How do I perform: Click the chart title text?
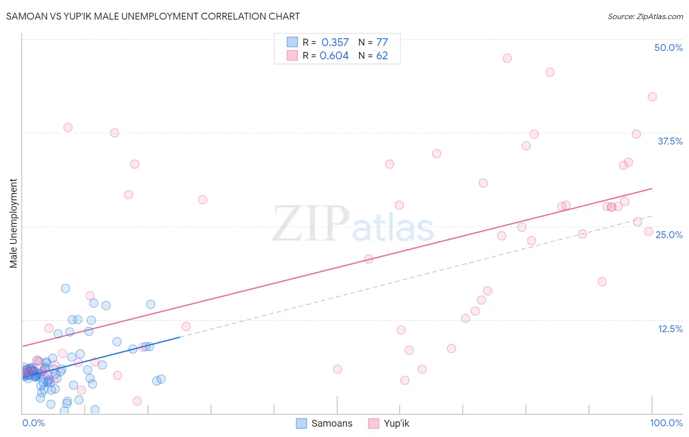[x=153, y=16]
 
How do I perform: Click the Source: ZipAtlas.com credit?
[x=645, y=16]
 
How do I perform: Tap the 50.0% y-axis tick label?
[x=668, y=48]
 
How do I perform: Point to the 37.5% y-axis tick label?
[x=670, y=141]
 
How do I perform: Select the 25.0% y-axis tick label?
[x=669, y=235]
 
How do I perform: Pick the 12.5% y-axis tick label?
[x=670, y=329]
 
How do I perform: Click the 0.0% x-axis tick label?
[x=33, y=423]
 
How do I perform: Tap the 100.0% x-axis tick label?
[x=666, y=423]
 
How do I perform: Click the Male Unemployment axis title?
[x=13, y=223]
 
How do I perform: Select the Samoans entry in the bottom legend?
[x=332, y=423]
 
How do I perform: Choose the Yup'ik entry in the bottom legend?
[x=396, y=423]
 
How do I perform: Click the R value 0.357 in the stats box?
[x=335, y=43]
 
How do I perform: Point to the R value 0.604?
[x=334, y=56]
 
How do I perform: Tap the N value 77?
[x=382, y=43]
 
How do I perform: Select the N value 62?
[x=382, y=56]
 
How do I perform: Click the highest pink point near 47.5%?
[x=507, y=58]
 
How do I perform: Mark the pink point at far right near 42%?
[x=652, y=97]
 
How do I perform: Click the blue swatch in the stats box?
[x=292, y=42]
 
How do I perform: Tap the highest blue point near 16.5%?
[x=65, y=289]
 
